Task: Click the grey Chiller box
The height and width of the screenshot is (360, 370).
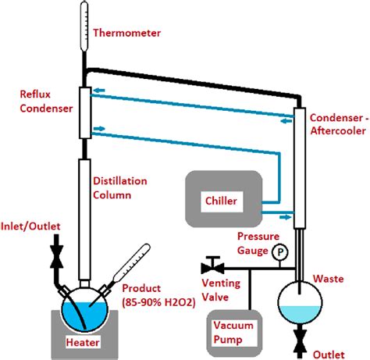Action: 222,201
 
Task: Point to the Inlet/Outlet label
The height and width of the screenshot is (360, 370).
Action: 32,226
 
